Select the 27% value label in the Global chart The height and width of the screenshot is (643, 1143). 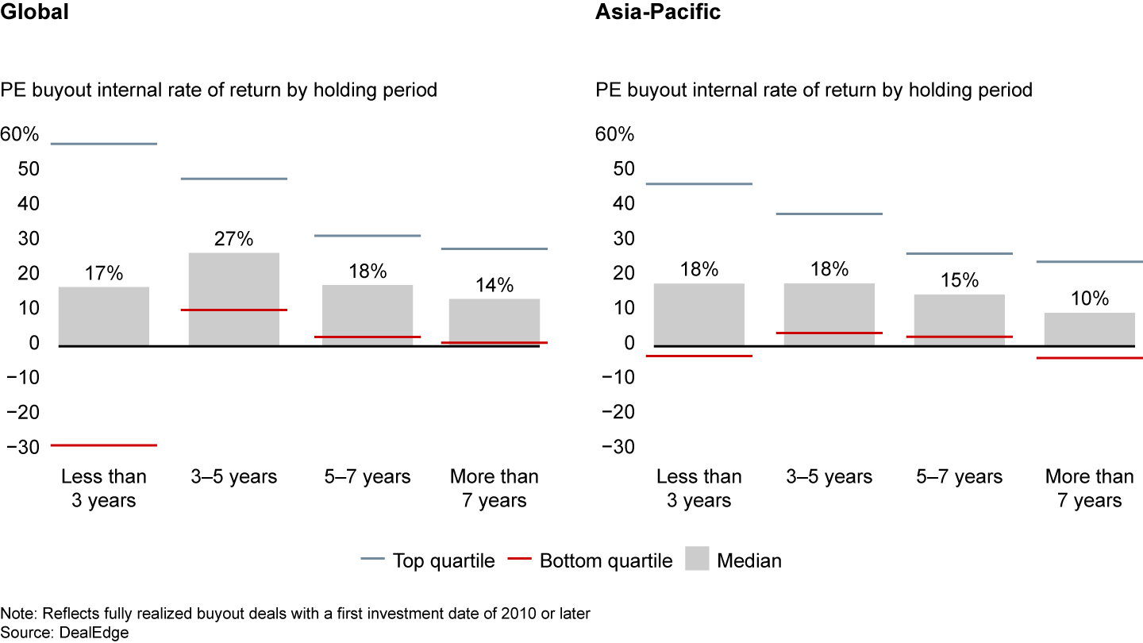[x=233, y=238]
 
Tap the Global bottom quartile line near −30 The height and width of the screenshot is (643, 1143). [x=104, y=445]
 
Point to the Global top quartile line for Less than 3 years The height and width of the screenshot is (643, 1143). [x=104, y=144]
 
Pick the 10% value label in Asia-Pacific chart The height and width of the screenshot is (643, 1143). [x=1089, y=298]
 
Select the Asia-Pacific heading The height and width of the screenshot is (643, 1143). [x=658, y=13]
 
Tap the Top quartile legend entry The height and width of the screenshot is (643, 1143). [x=443, y=560]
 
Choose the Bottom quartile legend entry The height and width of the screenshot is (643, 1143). [x=605, y=560]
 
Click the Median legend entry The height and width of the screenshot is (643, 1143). [x=749, y=560]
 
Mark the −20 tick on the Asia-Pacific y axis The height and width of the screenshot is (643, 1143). [x=618, y=412]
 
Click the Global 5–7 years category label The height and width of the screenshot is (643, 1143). [x=368, y=476]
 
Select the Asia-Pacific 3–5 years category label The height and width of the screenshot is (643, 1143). [x=829, y=476]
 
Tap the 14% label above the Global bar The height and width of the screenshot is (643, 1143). [x=495, y=284]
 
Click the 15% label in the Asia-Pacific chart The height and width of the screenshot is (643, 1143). [x=959, y=280]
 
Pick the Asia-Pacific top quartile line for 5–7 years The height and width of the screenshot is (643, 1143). [x=959, y=253]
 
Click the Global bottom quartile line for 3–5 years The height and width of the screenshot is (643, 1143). [x=233, y=310]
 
